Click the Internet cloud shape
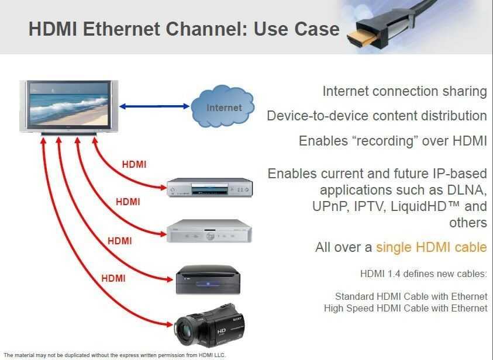[x=222, y=106]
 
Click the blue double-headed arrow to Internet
[x=154, y=106]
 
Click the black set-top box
[x=208, y=279]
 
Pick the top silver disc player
[x=209, y=188]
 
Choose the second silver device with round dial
[x=209, y=231]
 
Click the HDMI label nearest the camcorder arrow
[x=113, y=278]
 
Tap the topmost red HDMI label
[x=135, y=164]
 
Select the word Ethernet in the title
[x=122, y=29]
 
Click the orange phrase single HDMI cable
[x=432, y=247]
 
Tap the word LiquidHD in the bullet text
[x=418, y=206]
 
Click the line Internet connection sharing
[x=405, y=91]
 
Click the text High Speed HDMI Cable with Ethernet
[x=406, y=308]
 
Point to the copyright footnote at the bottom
[x=115, y=355]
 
